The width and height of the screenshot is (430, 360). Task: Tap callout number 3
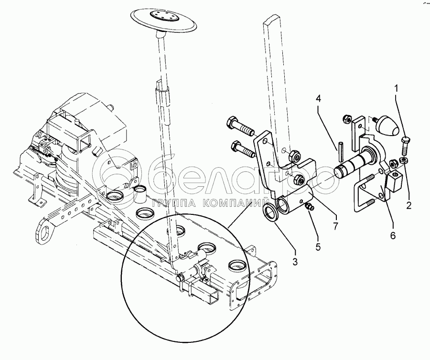295,262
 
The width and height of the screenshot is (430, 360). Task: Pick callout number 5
318,246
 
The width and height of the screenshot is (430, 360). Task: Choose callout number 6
393,235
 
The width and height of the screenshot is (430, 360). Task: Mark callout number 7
336,225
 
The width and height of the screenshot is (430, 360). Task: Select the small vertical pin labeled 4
340,151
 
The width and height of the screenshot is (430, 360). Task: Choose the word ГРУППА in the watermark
175,202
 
